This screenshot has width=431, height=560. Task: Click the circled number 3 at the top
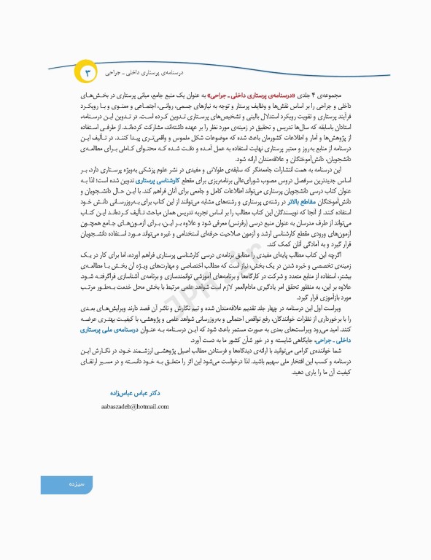coord(85,73)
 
